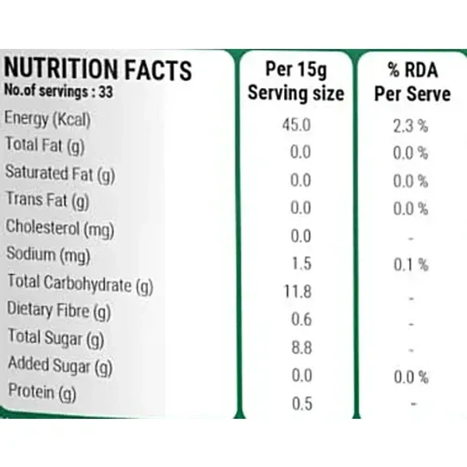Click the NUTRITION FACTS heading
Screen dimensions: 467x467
(x=98, y=69)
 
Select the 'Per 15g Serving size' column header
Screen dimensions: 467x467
(x=296, y=82)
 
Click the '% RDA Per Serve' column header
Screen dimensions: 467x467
(x=412, y=82)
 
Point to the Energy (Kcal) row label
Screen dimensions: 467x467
(x=48, y=120)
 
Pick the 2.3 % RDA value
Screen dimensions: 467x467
(x=411, y=125)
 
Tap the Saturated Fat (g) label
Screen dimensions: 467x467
(x=60, y=173)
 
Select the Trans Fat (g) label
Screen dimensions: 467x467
(x=47, y=201)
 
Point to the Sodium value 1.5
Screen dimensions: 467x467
(x=301, y=264)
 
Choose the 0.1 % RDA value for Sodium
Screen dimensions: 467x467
(x=411, y=264)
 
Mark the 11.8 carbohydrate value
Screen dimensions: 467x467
(x=298, y=292)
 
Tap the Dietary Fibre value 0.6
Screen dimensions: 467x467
(x=301, y=320)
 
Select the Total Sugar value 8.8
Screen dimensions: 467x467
(x=301, y=347)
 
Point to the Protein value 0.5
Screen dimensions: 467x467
(x=301, y=403)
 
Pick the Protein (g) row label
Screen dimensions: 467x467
(x=40, y=393)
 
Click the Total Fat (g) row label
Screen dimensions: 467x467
(x=44, y=146)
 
